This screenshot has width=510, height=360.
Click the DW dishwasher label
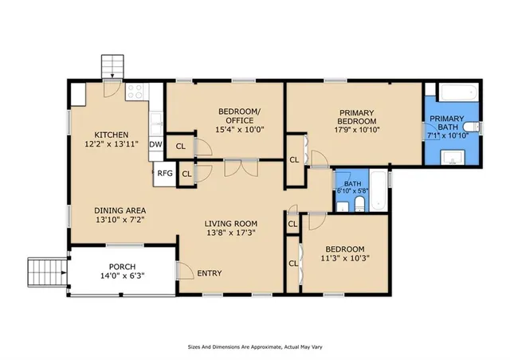[x=155, y=145]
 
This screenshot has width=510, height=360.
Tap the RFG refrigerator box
[x=164, y=173]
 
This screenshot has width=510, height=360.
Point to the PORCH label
[x=122, y=266]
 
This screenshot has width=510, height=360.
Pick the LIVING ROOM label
[x=230, y=223]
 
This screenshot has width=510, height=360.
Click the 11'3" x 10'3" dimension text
[x=345, y=258]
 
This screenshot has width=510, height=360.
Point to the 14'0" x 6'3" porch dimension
[x=122, y=276]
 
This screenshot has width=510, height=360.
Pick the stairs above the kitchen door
[x=114, y=65]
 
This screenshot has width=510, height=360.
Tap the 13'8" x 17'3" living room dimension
[x=230, y=233]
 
